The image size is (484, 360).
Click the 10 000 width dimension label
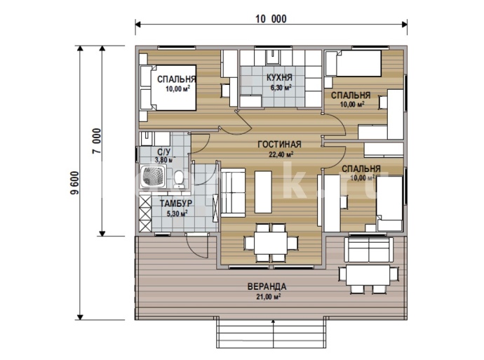click(x=271, y=19)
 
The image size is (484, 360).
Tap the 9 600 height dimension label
click(x=74, y=182)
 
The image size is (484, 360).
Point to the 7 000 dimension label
click(x=97, y=141)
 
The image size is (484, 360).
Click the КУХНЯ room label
click(x=279, y=77)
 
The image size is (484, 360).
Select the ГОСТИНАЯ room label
click(x=279, y=145)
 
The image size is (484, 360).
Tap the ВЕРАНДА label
click(x=267, y=286)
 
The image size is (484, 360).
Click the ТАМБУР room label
click(x=176, y=203)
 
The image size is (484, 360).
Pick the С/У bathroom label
click(x=163, y=152)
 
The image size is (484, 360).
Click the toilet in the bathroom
click(x=179, y=179)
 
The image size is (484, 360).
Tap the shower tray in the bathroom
click(x=154, y=177)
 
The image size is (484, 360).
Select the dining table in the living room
click(x=271, y=242)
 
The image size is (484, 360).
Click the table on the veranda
click(x=368, y=275)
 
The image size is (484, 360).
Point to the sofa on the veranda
click(x=368, y=249)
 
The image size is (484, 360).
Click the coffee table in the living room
click(x=263, y=192)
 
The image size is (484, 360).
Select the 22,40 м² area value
click(x=281, y=154)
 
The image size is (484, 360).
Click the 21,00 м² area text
click(x=268, y=297)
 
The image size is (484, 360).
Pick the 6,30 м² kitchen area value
click(x=281, y=88)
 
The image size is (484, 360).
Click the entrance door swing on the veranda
click(x=197, y=246)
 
